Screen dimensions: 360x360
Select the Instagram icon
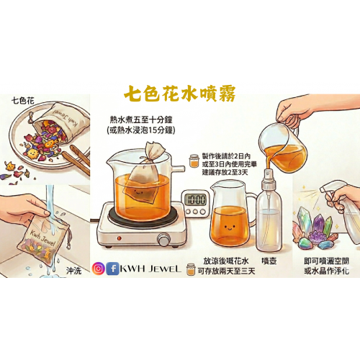click(99, 269)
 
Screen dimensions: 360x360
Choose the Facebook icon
click(112, 269)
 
